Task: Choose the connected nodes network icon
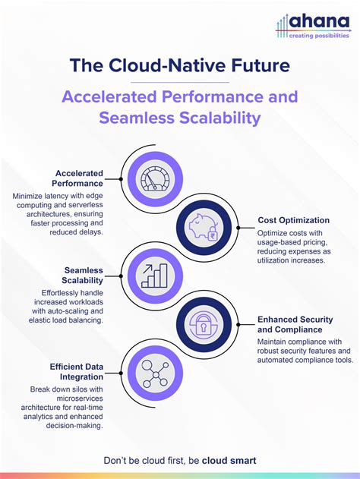tap(155, 372)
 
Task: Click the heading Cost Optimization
tap(293, 219)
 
